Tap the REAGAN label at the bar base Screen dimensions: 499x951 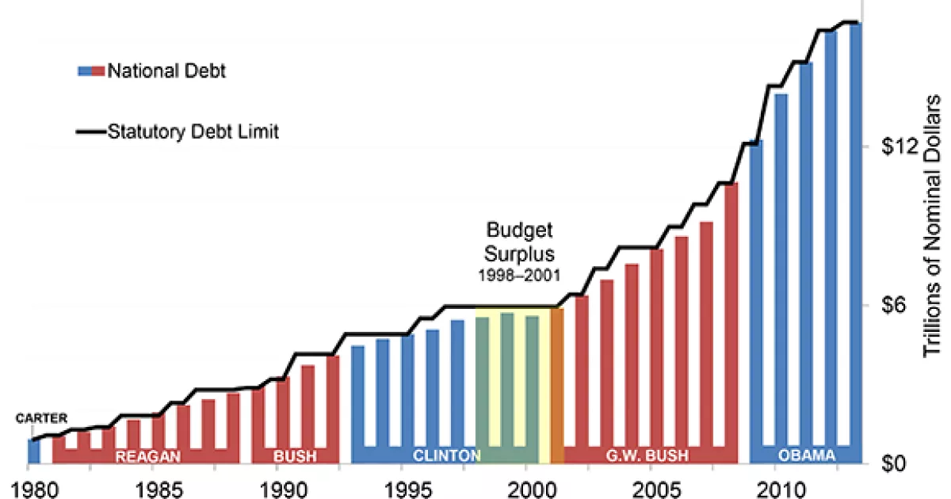[148, 456]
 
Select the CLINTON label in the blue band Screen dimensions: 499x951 [446, 455]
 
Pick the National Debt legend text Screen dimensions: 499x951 [167, 71]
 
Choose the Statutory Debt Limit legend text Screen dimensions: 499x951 [193, 131]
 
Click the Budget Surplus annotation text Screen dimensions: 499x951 [518, 242]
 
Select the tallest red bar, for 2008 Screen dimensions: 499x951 [731, 317]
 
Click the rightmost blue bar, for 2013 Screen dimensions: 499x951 [855, 238]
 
